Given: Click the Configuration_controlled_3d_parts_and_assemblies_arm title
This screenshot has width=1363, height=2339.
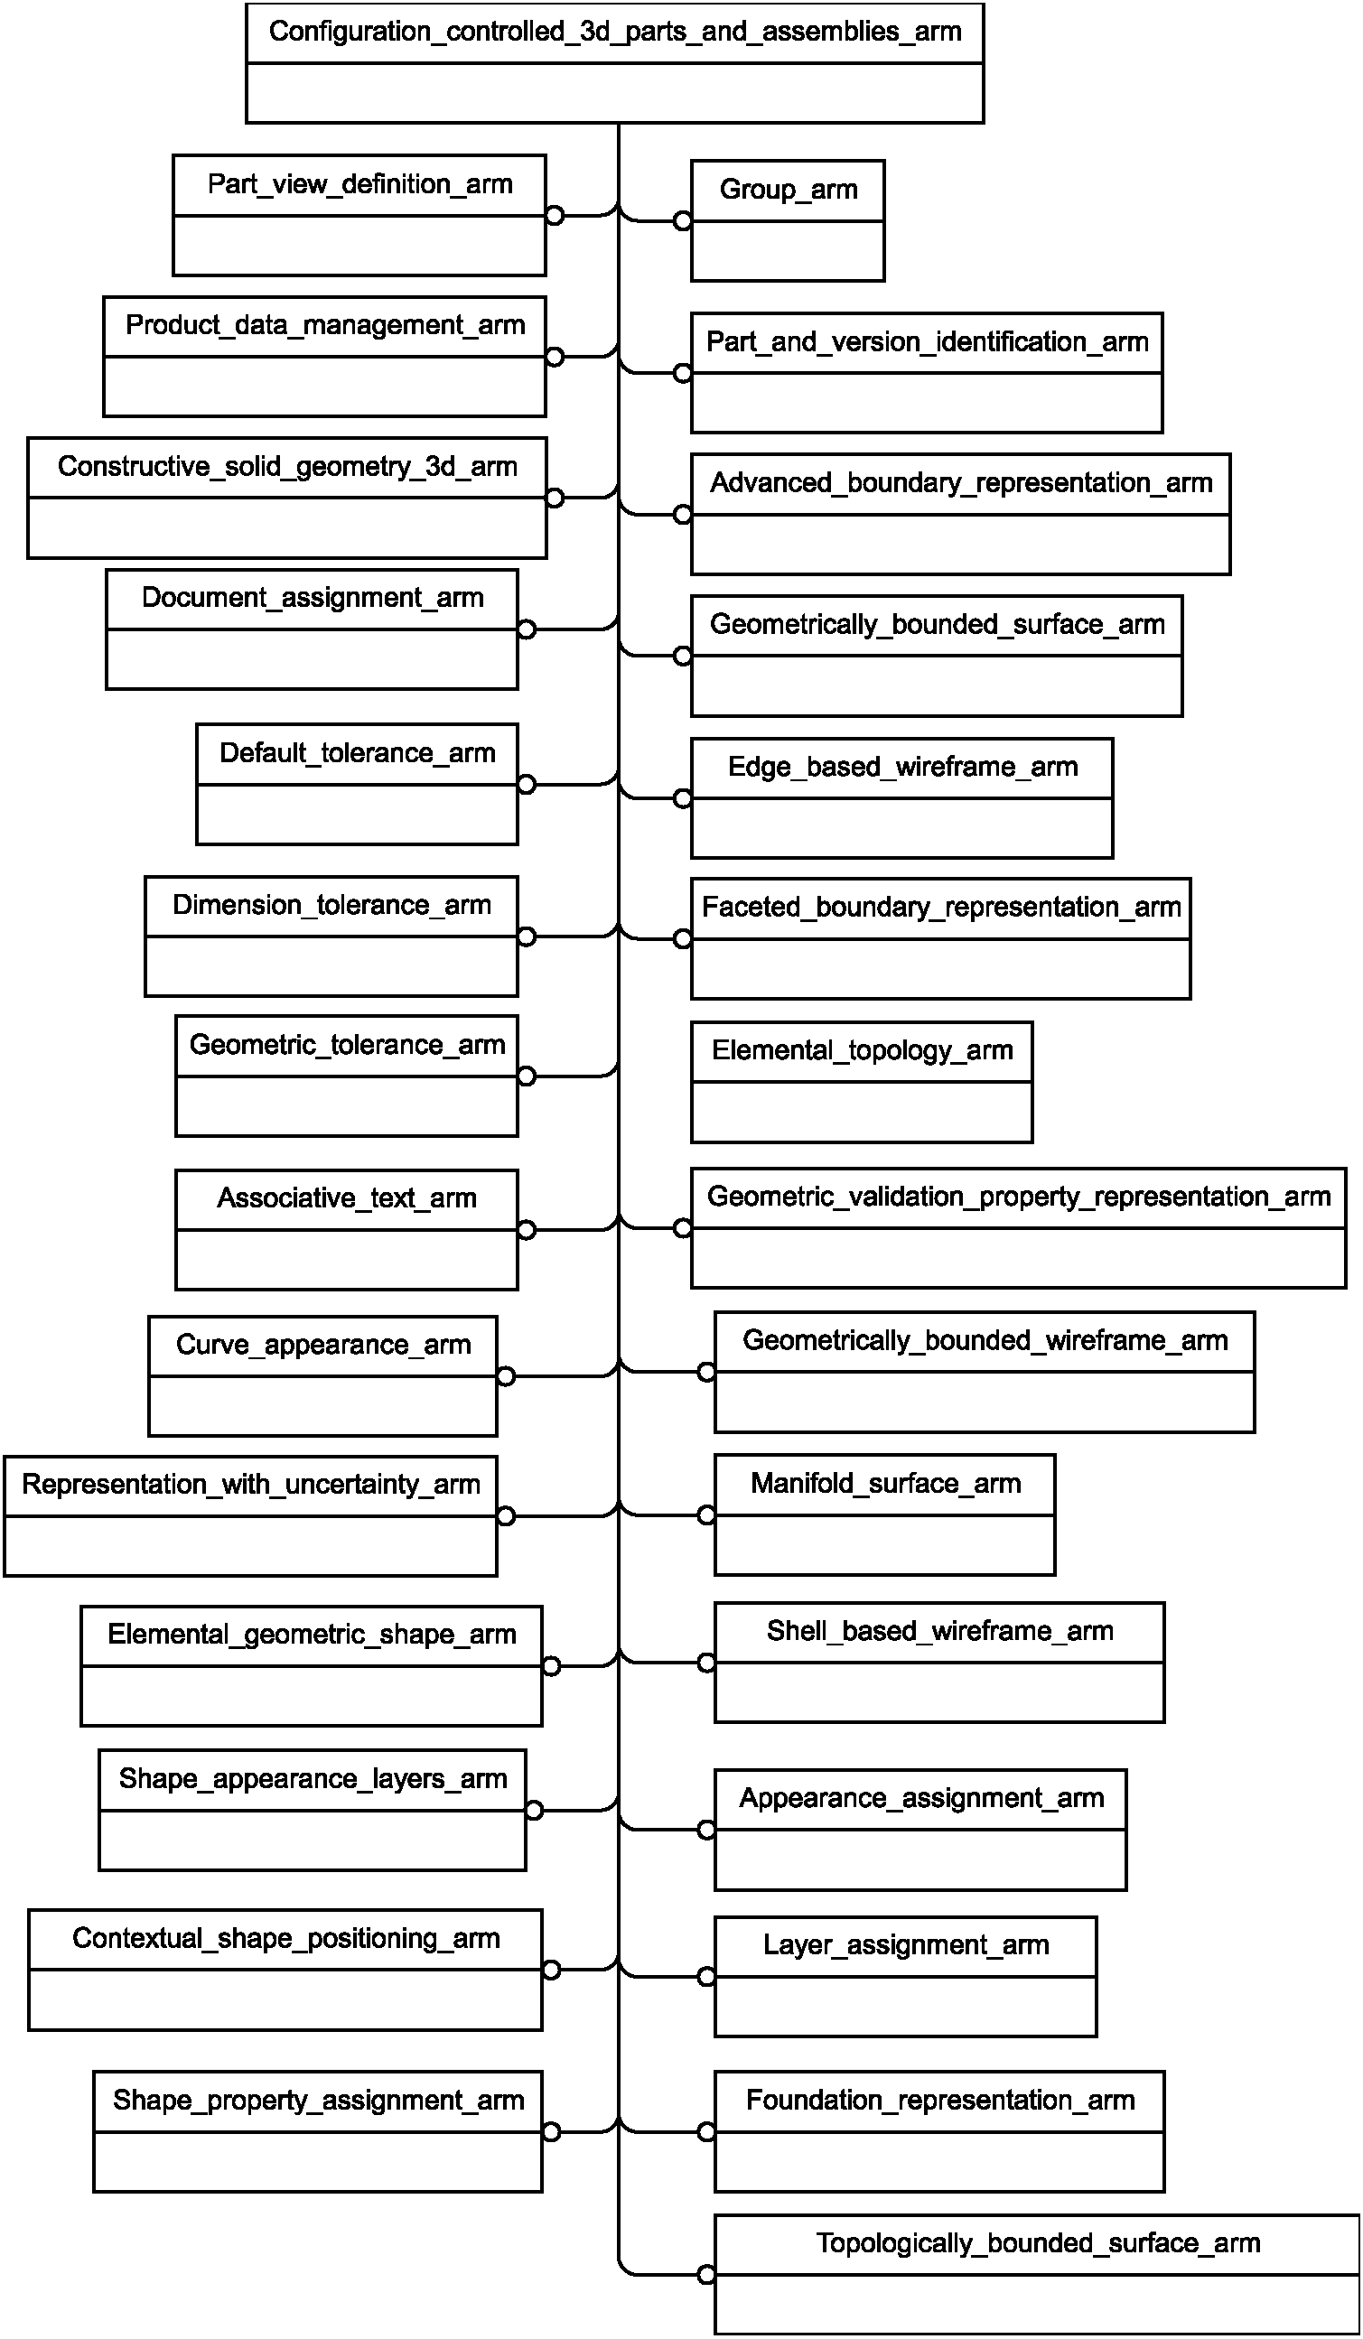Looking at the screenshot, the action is click(x=614, y=32).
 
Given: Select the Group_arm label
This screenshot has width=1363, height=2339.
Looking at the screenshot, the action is click(x=789, y=190).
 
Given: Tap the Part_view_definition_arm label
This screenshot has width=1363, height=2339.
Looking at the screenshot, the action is click(x=360, y=184).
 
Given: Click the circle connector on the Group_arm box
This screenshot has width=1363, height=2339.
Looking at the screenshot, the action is click(x=683, y=221).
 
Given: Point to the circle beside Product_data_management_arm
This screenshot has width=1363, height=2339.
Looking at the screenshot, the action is click(x=555, y=357).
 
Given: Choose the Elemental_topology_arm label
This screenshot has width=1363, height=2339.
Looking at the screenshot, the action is click(x=863, y=1050).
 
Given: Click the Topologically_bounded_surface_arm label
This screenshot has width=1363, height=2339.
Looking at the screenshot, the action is click(x=1038, y=2243).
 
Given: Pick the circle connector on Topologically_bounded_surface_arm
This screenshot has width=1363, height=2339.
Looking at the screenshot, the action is click(x=706, y=2274).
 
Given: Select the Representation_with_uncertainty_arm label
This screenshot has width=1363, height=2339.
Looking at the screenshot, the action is click(x=251, y=1484).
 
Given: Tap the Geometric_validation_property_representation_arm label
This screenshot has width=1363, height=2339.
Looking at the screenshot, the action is click(x=1019, y=1197).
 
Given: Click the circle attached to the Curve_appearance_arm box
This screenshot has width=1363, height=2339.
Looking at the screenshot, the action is click(x=506, y=1375).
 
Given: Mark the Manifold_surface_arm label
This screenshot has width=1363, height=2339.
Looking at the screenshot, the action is click(x=886, y=1483).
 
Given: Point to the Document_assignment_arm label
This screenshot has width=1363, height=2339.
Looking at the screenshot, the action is click(x=313, y=598).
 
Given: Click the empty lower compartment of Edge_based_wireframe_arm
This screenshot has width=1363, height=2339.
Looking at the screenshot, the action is click(x=901, y=827).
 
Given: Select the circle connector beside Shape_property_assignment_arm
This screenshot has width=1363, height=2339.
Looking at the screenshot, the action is click(x=552, y=2131).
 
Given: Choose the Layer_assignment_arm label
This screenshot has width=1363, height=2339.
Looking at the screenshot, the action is click(x=906, y=1944).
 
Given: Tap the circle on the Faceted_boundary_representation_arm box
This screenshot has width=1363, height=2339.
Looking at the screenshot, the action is click(x=683, y=938).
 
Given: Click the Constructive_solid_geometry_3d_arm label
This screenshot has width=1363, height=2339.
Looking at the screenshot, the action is click(x=288, y=466).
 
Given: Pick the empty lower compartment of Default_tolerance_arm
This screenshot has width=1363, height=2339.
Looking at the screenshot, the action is click(x=358, y=814).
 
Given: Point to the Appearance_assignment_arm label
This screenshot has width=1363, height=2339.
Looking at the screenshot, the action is click(x=922, y=1798).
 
